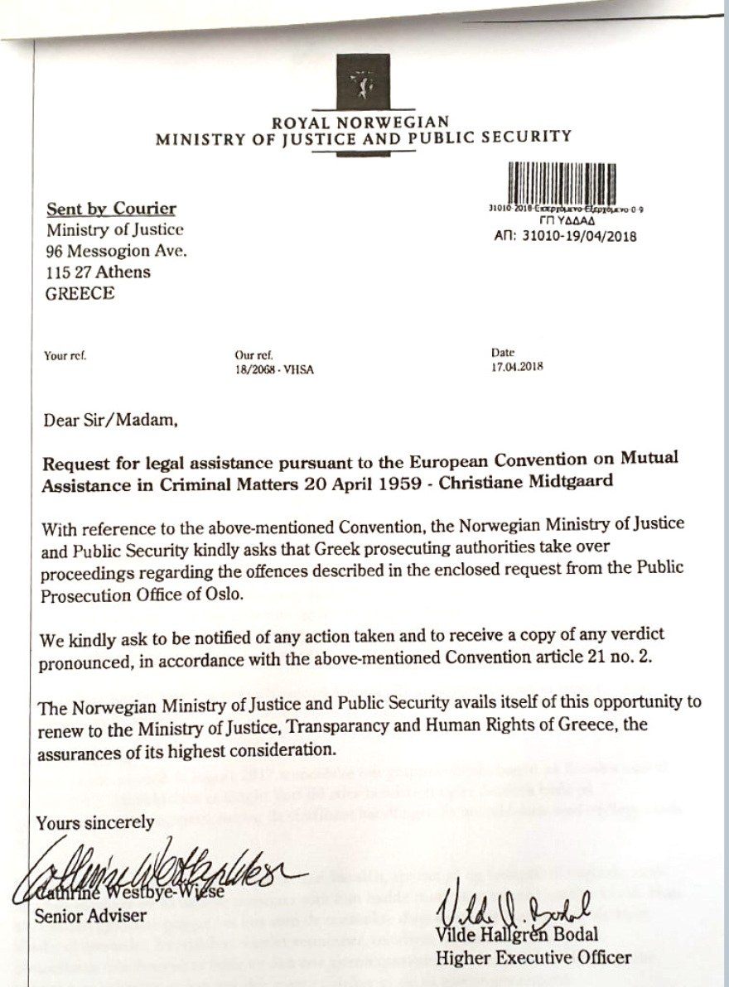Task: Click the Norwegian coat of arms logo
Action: click(x=363, y=81)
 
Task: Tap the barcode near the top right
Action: click(x=565, y=183)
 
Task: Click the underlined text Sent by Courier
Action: click(x=110, y=209)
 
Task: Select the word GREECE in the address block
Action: click(x=80, y=293)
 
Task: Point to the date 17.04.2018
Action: click(x=517, y=366)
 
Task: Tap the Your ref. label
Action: click(x=65, y=357)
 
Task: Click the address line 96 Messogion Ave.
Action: click(x=116, y=251)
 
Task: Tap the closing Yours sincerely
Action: click(x=95, y=822)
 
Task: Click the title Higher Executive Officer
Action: click(x=533, y=958)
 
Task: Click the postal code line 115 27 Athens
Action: click(x=99, y=272)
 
